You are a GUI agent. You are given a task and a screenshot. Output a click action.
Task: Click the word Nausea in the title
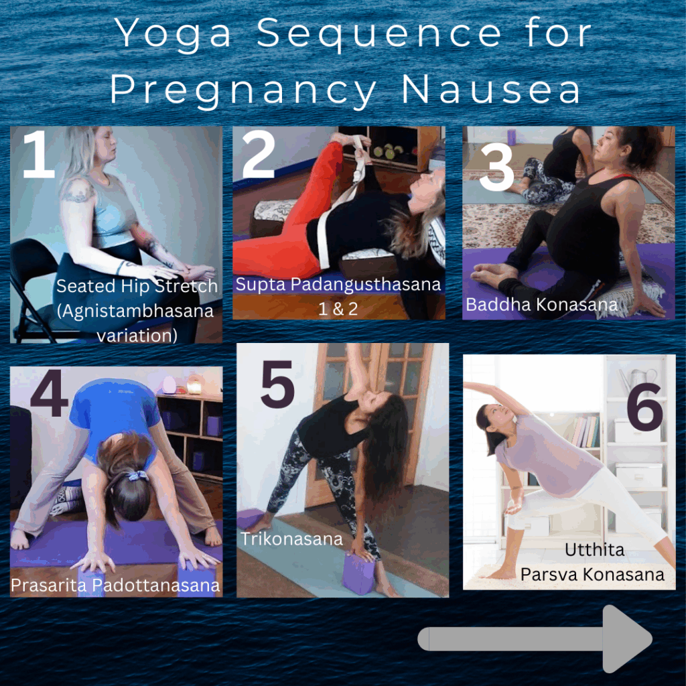tap(491, 89)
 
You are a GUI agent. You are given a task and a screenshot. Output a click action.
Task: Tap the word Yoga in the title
tap(172, 34)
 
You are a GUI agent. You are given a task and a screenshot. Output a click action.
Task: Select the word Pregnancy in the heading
tap(243, 92)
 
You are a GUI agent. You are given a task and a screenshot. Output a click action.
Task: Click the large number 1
tap(38, 154)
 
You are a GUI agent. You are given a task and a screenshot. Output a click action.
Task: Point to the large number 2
tap(259, 154)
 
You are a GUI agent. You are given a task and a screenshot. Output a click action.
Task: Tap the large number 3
tap(496, 167)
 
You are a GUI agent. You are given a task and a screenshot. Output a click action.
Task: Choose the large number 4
tap(50, 393)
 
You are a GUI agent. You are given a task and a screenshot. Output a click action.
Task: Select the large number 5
tap(278, 384)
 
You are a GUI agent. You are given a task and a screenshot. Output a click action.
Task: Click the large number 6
tap(644, 407)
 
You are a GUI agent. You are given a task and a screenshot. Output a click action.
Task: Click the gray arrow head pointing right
tap(626, 638)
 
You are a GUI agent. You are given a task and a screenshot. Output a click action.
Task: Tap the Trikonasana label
tap(292, 539)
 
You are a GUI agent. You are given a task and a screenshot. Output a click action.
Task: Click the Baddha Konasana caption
tap(541, 305)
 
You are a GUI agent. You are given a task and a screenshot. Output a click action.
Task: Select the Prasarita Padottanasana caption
tap(115, 586)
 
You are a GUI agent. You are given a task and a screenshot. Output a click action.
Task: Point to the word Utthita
tap(594, 549)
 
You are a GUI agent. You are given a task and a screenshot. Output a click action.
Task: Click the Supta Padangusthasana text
tap(338, 285)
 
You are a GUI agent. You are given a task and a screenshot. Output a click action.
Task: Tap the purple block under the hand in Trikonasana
tap(359, 574)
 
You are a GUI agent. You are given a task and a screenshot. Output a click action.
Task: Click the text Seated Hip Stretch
tap(137, 286)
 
